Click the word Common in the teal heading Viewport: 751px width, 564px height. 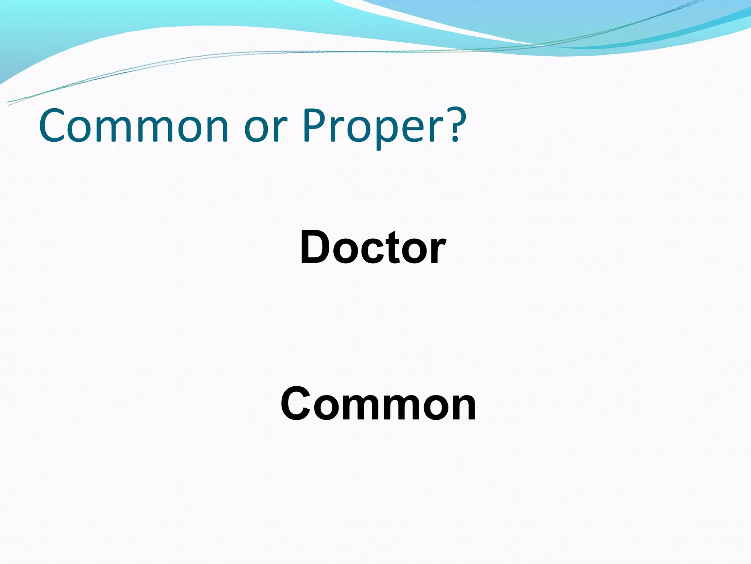click(134, 126)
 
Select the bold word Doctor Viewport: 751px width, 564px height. click(373, 247)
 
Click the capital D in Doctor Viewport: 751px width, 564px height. click(316, 247)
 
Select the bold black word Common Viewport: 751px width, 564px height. click(378, 404)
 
